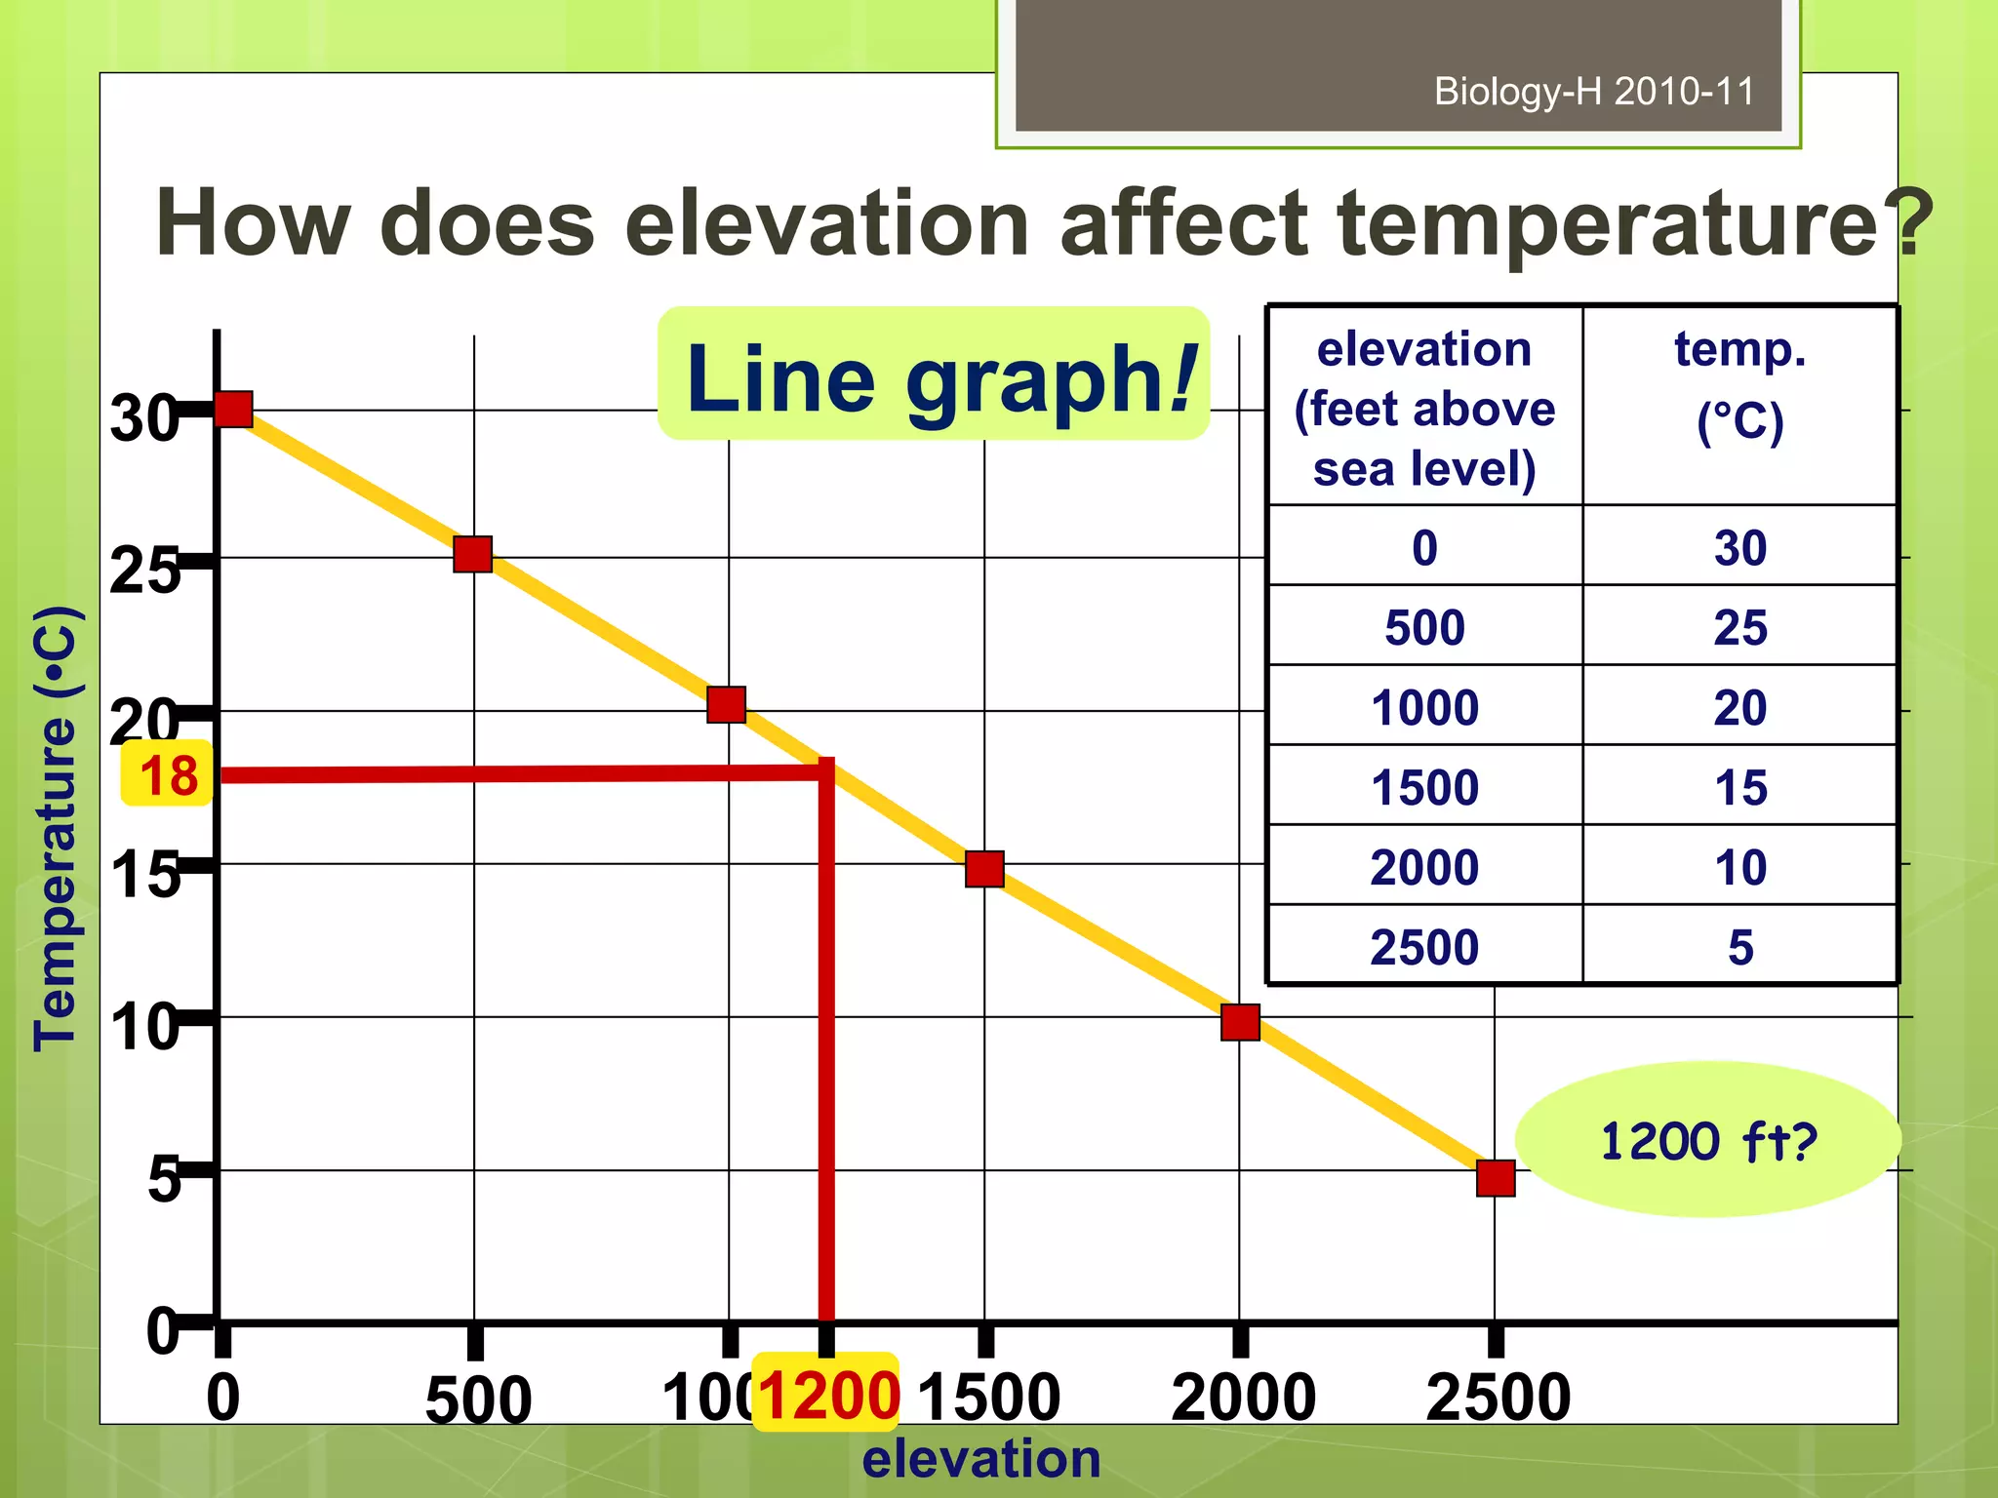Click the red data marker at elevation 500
pyautogui.click(x=472, y=554)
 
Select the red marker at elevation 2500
pyautogui.click(x=1495, y=1178)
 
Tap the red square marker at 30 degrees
pyautogui.click(x=234, y=410)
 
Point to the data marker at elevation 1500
pyautogui.click(x=984, y=868)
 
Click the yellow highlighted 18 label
pyautogui.click(x=167, y=774)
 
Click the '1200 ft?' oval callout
pyautogui.click(x=1707, y=1140)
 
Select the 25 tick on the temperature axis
pyautogui.click(x=144, y=571)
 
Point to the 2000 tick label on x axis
pyautogui.click(x=1243, y=1397)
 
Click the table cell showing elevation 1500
pyautogui.click(x=1424, y=786)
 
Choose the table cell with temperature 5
pyautogui.click(x=1739, y=946)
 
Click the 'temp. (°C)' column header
pyautogui.click(x=1739, y=386)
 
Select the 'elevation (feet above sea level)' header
pyautogui.click(x=1424, y=408)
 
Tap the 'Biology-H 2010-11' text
pyautogui.click(x=1593, y=92)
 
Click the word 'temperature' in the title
pyautogui.click(x=1608, y=223)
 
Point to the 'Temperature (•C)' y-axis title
pyautogui.click(x=56, y=829)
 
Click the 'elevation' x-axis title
pyautogui.click(x=981, y=1459)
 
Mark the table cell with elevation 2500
pyautogui.click(x=1424, y=946)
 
